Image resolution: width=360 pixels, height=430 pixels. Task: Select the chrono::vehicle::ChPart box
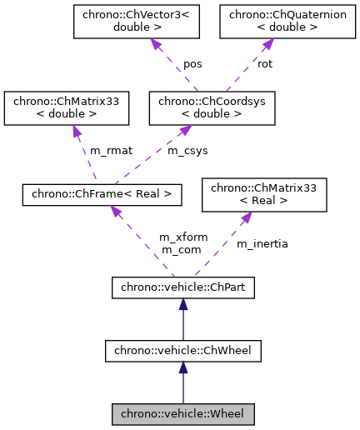coord(182,288)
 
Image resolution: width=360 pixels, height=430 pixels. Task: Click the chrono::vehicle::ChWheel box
coord(182,351)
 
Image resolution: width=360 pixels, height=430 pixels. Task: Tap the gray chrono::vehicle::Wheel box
coord(182,413)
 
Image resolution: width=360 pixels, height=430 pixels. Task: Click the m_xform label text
coord(183,237)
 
